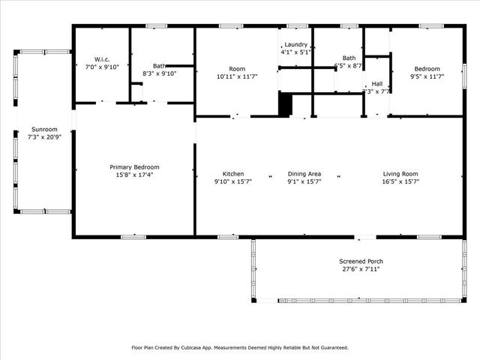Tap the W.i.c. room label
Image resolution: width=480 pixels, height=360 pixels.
coord(103,58)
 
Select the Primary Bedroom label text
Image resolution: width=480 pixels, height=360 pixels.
coord(134,167)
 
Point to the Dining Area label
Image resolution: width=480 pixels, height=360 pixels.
coord(304,174)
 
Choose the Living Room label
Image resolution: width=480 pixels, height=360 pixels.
coord(400,174)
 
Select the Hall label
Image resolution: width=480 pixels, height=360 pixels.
coord(376,83)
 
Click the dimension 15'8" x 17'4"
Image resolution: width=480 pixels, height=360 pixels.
coord(134,175)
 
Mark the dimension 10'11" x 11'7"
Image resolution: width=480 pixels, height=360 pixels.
coord(236,76)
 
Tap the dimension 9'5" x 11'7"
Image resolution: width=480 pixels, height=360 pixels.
coord(427,76)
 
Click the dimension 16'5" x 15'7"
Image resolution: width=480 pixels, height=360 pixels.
coord(400,181)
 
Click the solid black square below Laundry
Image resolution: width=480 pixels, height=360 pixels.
coord(284,104)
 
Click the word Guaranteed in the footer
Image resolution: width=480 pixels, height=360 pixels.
coord(331,348)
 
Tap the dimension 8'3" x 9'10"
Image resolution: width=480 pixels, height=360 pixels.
coord(159,73)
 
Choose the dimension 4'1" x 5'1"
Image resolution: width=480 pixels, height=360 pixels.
coord(295,52)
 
